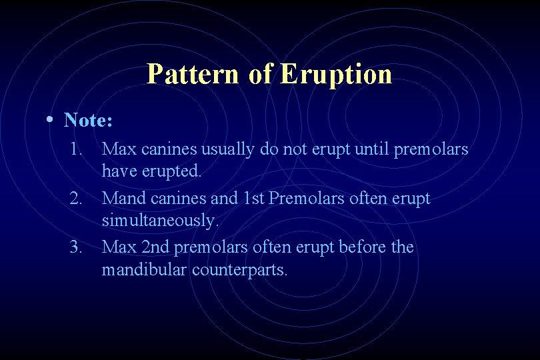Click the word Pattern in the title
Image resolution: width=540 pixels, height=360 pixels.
[192, 73]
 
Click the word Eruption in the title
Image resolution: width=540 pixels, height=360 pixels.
[337, 73]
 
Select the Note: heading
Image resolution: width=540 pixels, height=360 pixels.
[88, 121]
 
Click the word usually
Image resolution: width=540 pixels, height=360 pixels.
[227, 149]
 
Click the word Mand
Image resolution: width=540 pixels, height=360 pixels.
[123, 199]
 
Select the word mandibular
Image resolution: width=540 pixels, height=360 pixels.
[144, 270]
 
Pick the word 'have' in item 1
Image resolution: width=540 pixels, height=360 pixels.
[118, 172]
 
